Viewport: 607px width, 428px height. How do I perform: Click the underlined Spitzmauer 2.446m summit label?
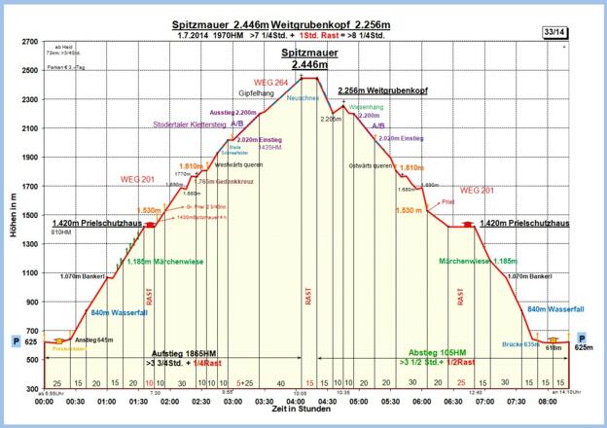(x=304, y=55)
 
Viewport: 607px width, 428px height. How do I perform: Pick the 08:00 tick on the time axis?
(x=547, y=400)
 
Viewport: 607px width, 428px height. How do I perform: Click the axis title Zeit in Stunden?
(x=303, y=412)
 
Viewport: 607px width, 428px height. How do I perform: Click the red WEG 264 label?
(x=269, y=82)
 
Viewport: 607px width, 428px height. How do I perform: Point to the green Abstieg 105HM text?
(x=435, y=353)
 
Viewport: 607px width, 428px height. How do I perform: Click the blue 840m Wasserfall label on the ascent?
(x=116, y=312)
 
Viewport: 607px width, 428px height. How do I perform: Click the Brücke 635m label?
(x=518, y=344)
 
